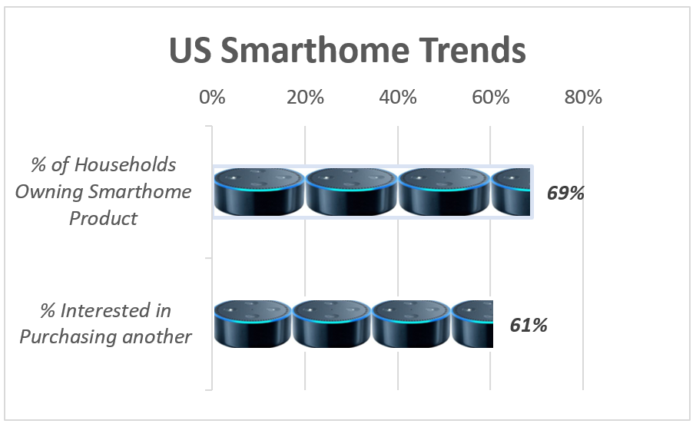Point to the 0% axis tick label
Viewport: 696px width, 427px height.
(212, 98)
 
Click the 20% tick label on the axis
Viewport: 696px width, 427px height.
(305, 98)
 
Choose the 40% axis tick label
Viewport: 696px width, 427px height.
(398, 98)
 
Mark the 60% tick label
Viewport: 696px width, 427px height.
(491, 98)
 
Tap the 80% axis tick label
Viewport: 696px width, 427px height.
(584, 98)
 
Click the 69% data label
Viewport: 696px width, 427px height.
(565, 193)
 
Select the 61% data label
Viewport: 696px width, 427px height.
(529, 325)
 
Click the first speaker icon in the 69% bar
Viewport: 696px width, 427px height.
(260, 191)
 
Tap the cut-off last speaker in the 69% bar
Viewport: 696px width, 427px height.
(511, 191)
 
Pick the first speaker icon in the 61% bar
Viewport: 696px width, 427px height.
(253, 323)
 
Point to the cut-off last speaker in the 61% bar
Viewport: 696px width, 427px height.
(472, 323)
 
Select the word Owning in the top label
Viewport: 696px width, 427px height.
(49, 191)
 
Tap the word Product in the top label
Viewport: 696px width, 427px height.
(103, 218)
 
